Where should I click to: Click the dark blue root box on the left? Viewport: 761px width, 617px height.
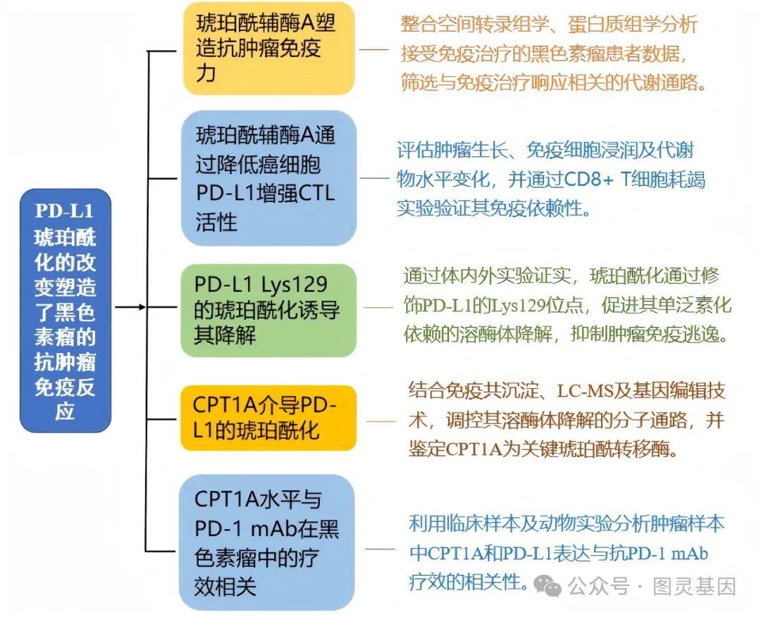pos(65,310)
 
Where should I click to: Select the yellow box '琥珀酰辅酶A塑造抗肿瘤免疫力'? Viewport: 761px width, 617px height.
pos(268,48)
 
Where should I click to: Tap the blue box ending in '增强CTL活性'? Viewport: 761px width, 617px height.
pos(268,177)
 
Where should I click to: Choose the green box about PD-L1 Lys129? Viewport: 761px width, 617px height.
pos(268,310)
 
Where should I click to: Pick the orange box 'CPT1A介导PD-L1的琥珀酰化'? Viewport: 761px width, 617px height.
pos(268,418)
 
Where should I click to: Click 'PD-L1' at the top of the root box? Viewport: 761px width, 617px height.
pos(65,211)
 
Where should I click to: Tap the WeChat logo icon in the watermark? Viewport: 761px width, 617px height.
pos(547,586)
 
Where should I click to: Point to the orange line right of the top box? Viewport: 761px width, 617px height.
pos(373,50)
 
